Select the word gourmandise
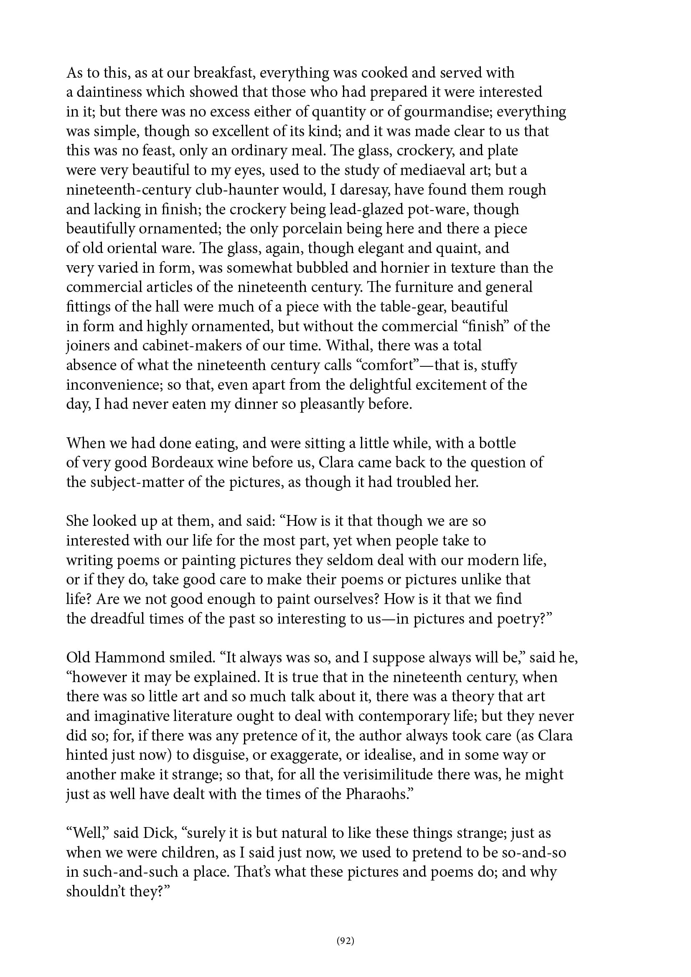click(x=447, y=112)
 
